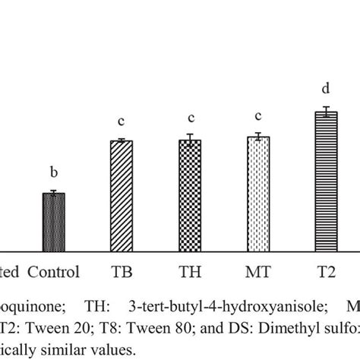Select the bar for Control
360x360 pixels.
[53, 222]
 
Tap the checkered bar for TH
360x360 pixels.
[190, 195]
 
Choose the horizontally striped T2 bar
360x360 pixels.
[326, 182]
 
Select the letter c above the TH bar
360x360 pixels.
[190, 119]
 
